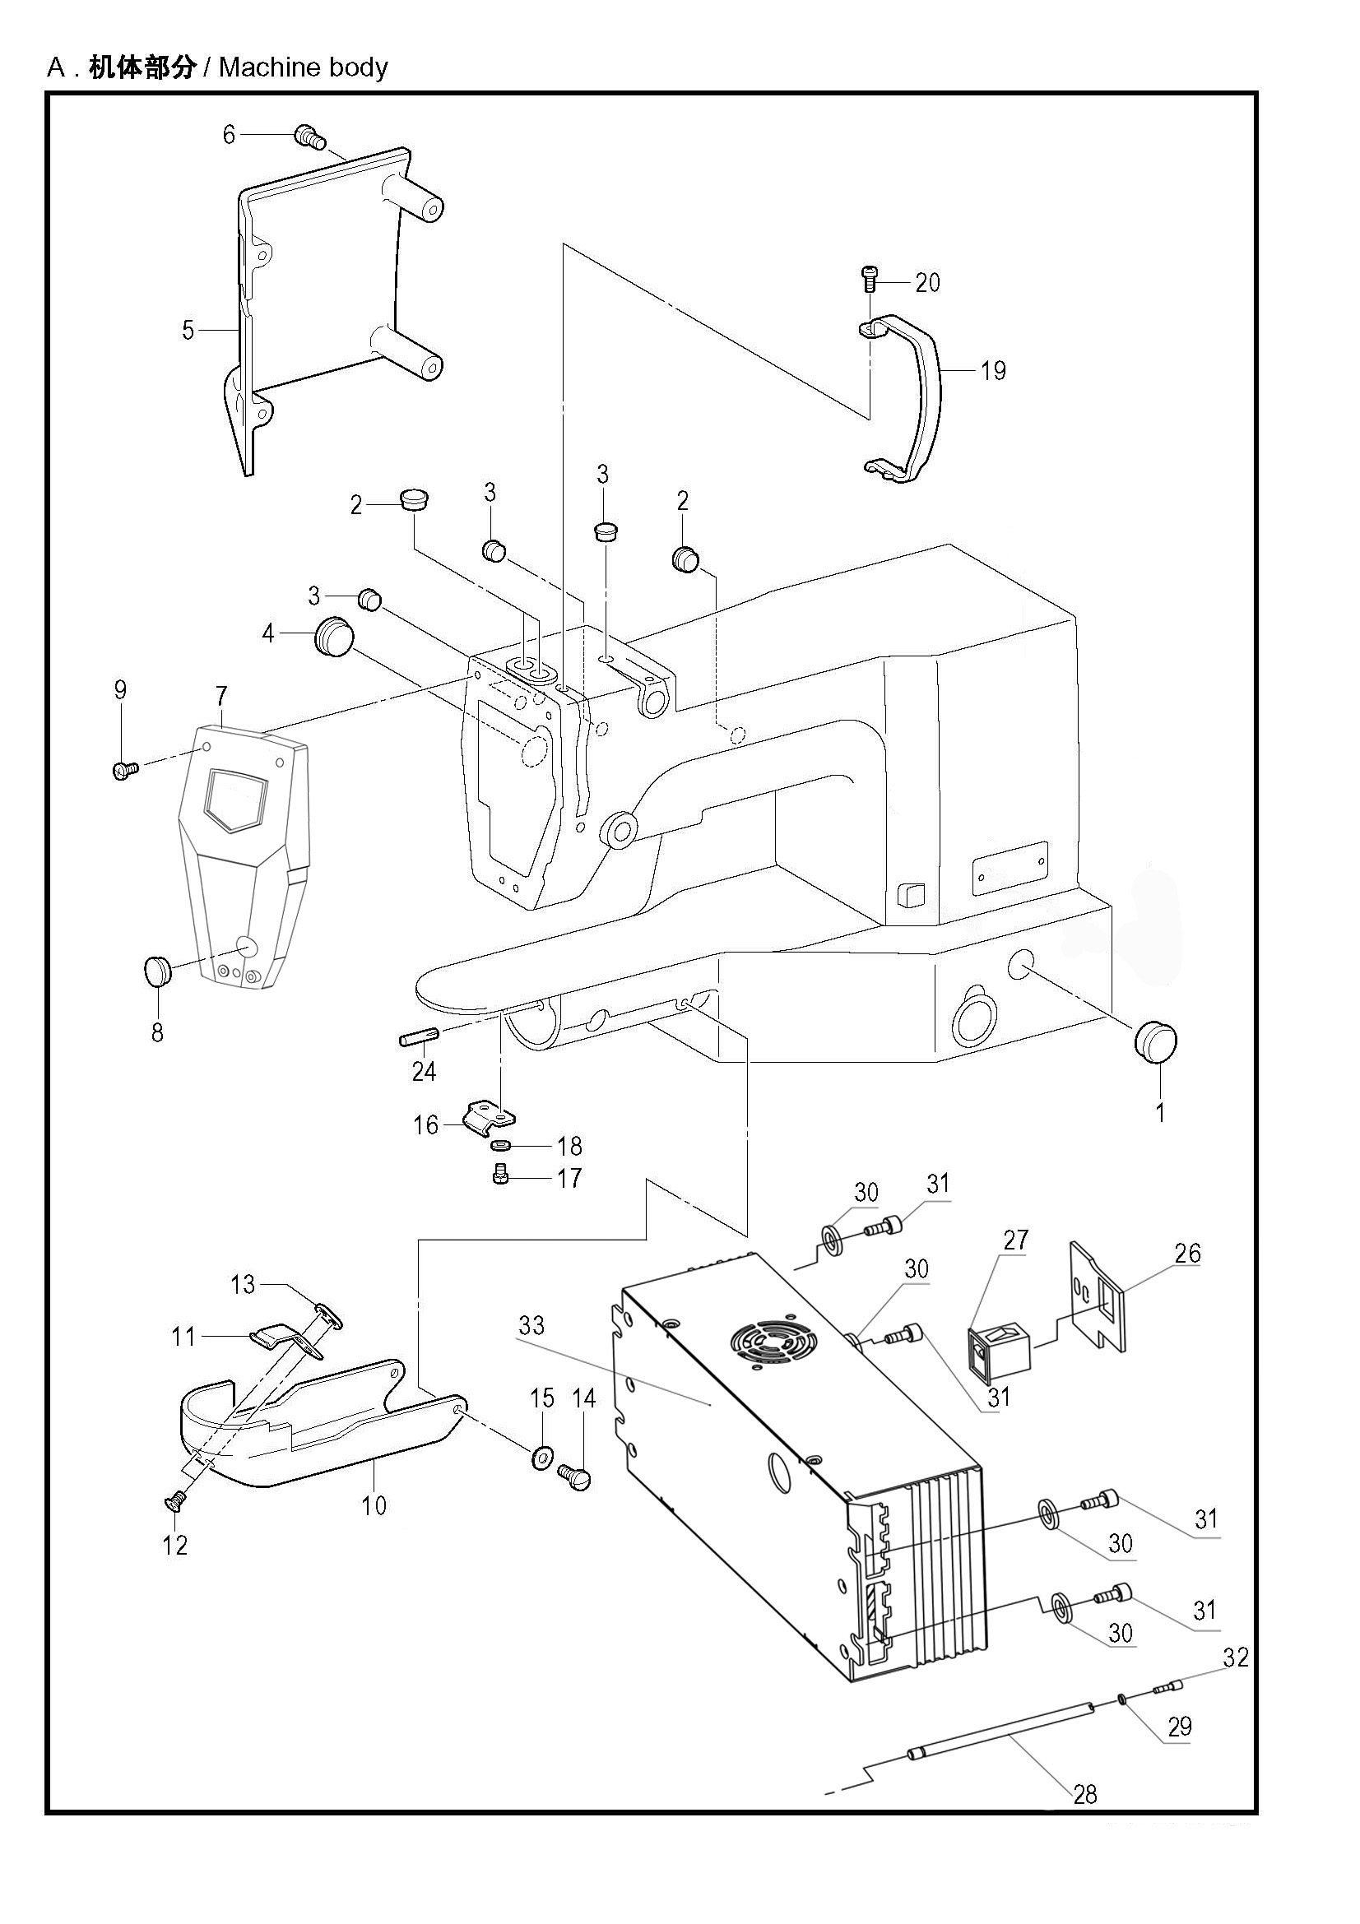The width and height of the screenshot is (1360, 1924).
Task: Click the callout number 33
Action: point(531,1325)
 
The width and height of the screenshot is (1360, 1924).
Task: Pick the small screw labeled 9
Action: point(124,768)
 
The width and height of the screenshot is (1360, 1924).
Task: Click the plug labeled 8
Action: point(156,972)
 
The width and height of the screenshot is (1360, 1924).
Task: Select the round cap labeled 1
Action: point(1157,1041)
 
